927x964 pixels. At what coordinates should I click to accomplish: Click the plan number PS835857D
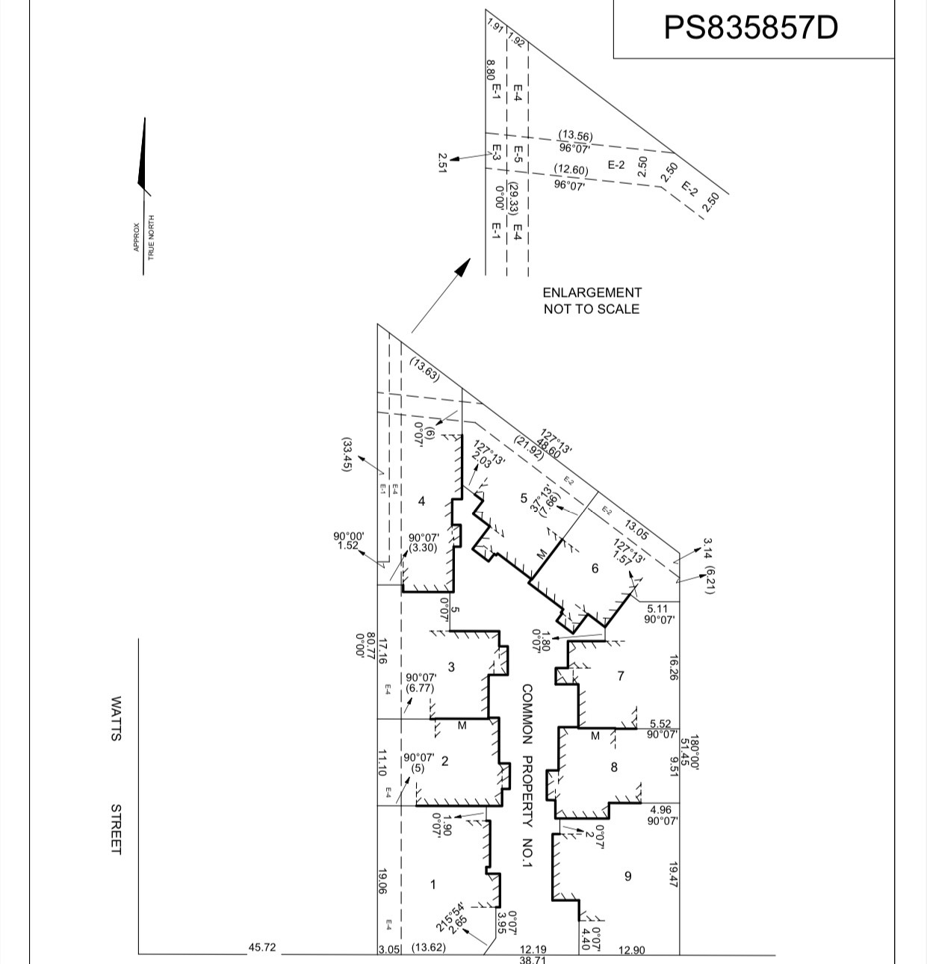point(751,28)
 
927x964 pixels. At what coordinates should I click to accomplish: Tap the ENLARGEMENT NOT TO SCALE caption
point(592,300)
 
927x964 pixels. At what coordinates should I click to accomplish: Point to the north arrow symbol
point(143,157)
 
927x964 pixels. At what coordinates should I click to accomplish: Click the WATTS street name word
point(116,718)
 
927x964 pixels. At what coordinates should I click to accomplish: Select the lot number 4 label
point(421,501)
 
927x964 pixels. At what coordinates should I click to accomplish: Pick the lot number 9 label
point(627,876)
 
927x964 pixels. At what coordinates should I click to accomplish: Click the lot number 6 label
point(595,569)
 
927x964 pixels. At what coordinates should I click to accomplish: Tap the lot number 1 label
point(433,885)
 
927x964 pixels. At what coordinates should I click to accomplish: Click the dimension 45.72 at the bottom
point(262,948)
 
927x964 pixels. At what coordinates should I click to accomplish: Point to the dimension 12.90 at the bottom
point(632,950)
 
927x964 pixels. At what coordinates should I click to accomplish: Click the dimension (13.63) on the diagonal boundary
point(425,369)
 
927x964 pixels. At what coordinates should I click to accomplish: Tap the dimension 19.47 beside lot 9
point(673,874)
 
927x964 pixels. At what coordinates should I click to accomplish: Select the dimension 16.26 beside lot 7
point(673,668)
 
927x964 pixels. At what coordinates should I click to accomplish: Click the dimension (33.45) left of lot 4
point(347,454)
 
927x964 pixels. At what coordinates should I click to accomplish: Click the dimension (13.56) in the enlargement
point(575,135)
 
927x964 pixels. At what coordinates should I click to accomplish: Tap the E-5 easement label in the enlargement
point(517,154)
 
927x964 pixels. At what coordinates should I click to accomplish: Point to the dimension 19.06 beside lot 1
point(382,881)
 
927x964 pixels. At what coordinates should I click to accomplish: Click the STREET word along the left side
point(116,829)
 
